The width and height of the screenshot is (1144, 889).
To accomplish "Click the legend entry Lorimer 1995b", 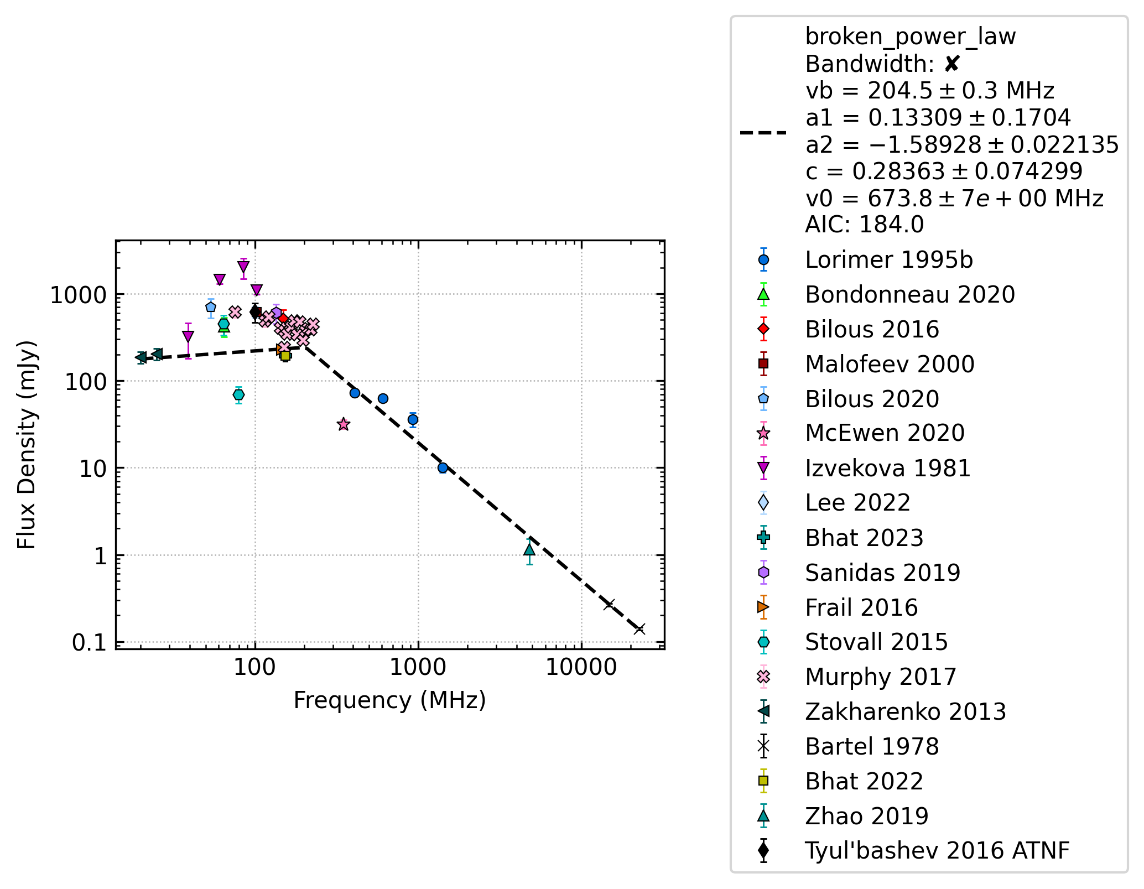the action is pyautogui.click(x=888, y=260).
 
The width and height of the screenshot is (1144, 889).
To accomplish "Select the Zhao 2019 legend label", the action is pyautogui.click(x=866, y=816).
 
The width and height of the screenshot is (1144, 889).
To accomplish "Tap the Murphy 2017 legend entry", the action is pyautogui.click(x=881, y=677).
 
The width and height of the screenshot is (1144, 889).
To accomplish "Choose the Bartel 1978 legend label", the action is pyautogui.click(x=872, y=746).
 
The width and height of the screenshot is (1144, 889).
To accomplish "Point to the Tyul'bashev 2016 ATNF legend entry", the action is pyautogui.click(x=937, y=851).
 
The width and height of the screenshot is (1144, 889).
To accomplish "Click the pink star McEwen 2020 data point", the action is pyautogui.click(x=344, y=424).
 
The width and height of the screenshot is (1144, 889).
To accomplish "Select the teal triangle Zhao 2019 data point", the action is pyautogui.click(x=529, y=549).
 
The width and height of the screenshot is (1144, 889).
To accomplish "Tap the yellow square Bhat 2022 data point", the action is pyautogui.click(x=285, y=356).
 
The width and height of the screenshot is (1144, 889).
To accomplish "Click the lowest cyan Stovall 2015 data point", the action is pyautogui.click(x=238, y=394).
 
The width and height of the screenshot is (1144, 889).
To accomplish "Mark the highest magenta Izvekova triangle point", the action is pyautogui.click(x=243, y=267).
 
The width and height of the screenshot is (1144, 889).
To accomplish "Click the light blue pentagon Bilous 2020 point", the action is pyautogui.click(x=211, y=307).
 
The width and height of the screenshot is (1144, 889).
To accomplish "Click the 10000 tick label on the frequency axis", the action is pyautogui.click(x=581, y=668).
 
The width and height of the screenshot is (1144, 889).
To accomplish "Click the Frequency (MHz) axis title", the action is pyautogui.click(x=390, y=700).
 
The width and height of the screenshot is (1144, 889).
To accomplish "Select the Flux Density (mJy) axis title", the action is pyautogui.click(x=26, y=445).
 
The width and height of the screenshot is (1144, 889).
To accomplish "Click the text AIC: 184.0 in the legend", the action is pyautogui.click(x=864, y=225).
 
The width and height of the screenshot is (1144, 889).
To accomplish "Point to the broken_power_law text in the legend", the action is pyautogui.click(x=911, y=37).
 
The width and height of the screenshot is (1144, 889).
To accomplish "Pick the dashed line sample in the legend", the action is pyautogui.click(x=763, y=133).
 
